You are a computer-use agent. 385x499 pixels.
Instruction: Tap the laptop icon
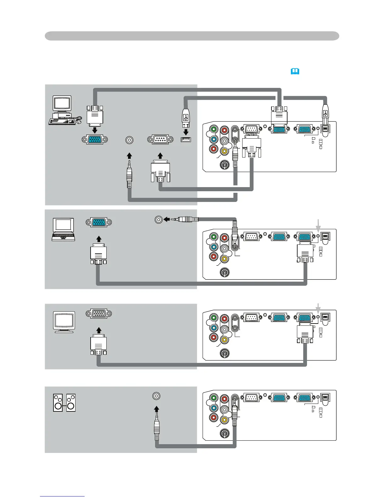(x=63, y=229)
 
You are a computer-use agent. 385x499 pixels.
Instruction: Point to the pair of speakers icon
(x=64, y=403)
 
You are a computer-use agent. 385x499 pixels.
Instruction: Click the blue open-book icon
(x=295, y=72)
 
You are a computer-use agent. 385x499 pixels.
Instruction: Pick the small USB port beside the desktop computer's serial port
(x=186, y=140)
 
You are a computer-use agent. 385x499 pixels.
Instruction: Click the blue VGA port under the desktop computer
(x=95, y=140)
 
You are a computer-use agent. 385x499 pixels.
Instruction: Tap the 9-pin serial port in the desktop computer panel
(x=160, y=140)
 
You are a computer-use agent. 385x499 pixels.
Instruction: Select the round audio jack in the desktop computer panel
(x=129, y=140)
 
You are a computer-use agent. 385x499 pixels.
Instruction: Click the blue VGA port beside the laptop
(x=99, y=222)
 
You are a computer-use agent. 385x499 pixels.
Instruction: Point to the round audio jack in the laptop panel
(x=159, y=219)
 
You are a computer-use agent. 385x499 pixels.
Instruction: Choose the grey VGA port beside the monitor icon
(x=99, y=313)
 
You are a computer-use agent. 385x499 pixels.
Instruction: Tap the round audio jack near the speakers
(x=156, y=396)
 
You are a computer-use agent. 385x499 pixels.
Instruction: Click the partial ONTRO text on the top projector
(x=250, y=135)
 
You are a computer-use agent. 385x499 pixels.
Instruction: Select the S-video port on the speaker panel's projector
(x=225, y=433)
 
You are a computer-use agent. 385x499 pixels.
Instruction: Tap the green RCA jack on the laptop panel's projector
(x=214, y=237)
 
